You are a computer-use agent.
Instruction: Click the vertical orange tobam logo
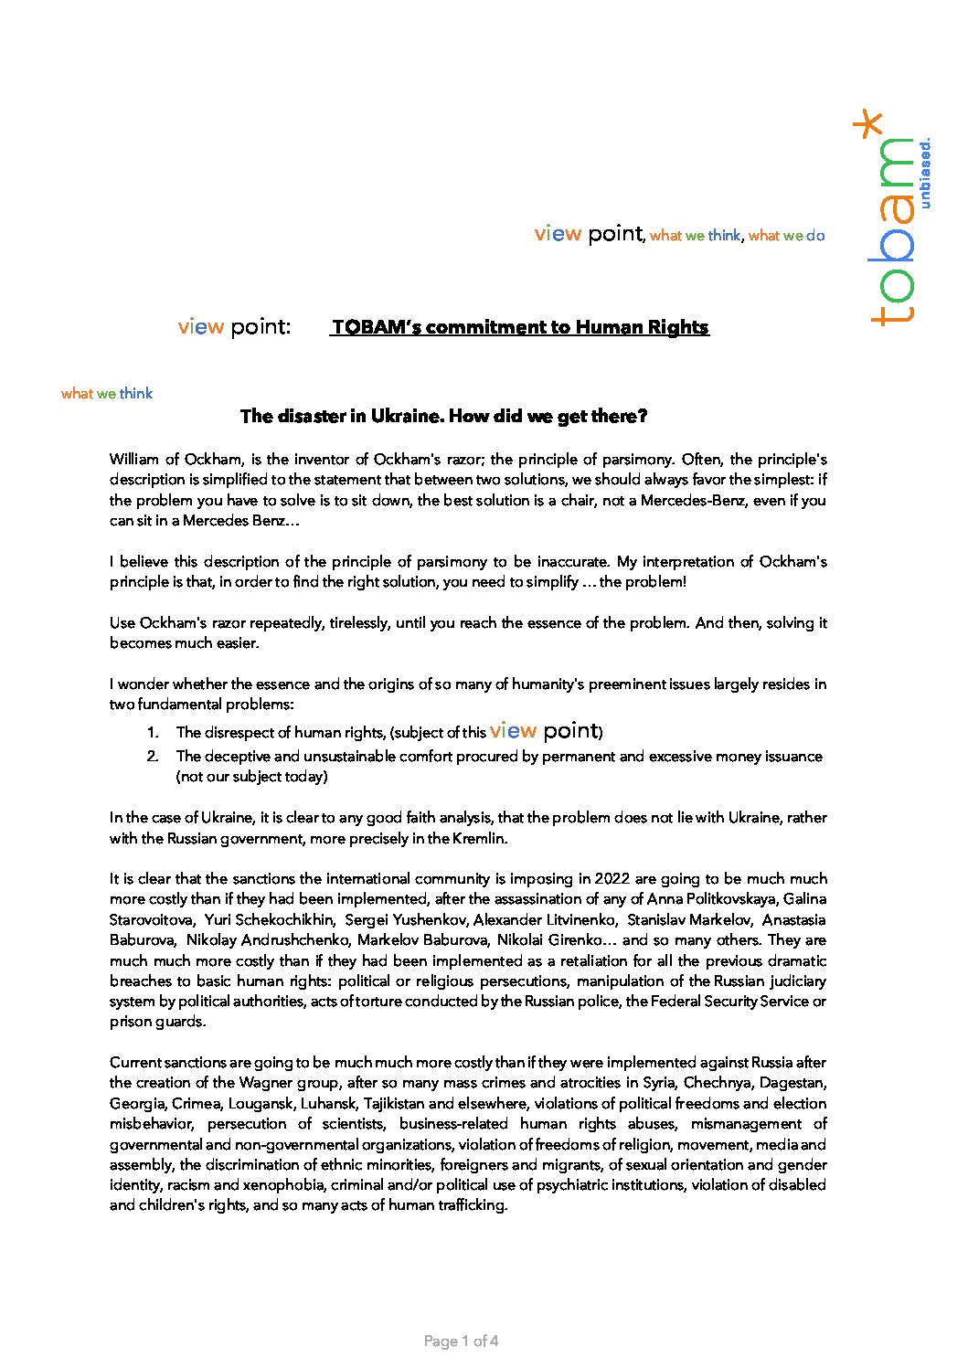891,233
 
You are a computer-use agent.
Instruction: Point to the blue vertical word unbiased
925,174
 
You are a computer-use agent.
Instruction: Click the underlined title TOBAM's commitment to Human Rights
519,327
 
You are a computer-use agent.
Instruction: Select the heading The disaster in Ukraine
443,417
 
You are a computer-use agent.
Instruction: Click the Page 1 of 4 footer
461,1341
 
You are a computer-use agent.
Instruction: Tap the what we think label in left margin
107,394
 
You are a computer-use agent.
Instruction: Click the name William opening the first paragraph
134,460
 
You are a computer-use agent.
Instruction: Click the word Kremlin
477,838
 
